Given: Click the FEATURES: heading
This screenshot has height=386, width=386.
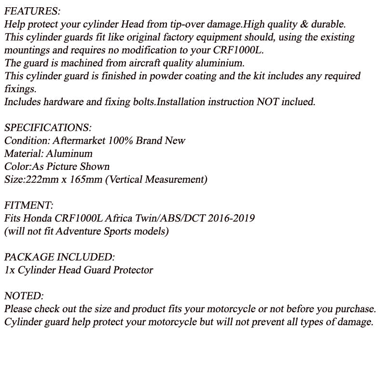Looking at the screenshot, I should (x=32, y=11).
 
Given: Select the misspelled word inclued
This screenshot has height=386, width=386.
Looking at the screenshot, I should (x=297, y=102).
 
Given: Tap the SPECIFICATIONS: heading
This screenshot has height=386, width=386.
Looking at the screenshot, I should (x=48, y=128).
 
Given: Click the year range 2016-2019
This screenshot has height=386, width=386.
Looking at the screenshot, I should (x=231, y=218).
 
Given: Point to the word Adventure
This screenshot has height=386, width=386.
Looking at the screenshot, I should (x=78, y=231).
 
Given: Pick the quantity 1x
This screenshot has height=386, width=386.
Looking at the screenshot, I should (x=9, y=270).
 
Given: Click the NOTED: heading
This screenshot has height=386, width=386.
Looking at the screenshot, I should (x=24, y=296).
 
